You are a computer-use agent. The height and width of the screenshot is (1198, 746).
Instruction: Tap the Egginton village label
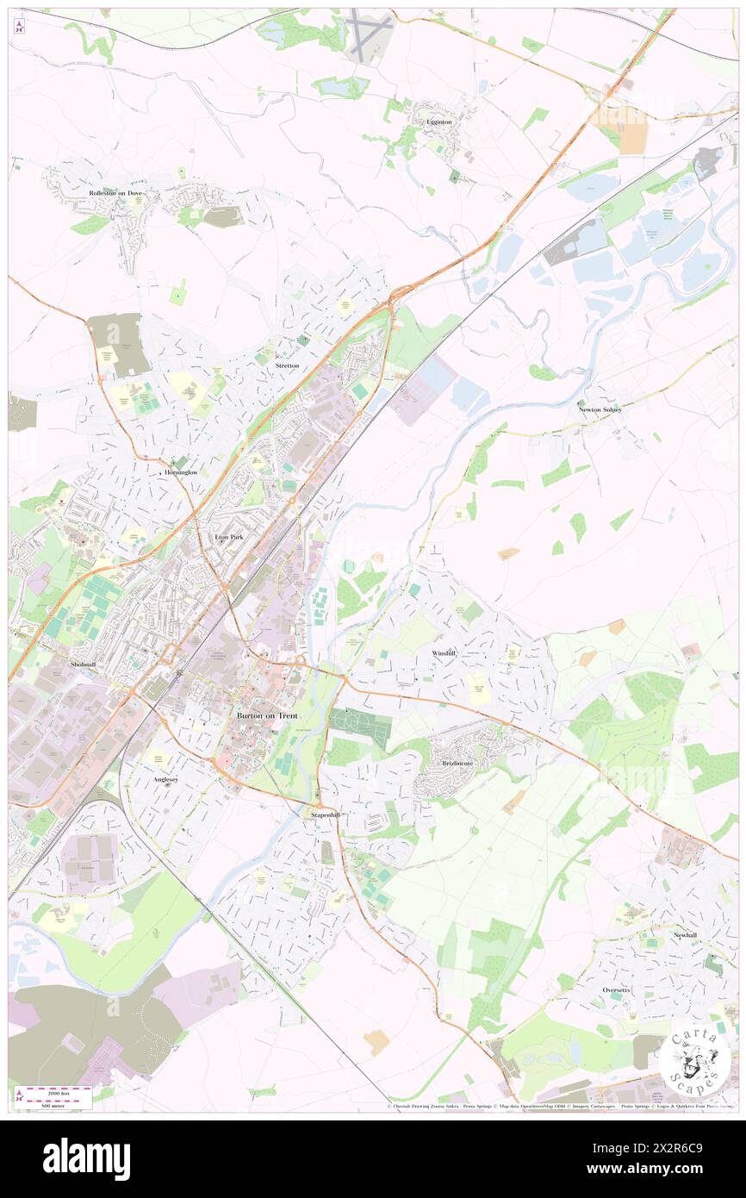point(438,122)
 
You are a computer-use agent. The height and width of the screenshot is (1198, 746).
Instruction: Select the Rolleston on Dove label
point(115,194)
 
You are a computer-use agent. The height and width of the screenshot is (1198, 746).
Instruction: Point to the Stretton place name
point(287,365)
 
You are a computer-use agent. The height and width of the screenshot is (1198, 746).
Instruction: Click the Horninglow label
point(172,473)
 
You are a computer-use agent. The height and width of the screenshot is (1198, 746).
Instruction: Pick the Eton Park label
point(229,537)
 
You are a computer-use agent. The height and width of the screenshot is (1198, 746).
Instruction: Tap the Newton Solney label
point(600,409)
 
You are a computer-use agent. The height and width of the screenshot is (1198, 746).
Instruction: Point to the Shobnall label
point(84,665)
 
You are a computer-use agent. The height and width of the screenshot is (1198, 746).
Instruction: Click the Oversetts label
point(616,990)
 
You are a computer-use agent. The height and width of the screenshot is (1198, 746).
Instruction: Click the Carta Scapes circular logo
point(694,1058)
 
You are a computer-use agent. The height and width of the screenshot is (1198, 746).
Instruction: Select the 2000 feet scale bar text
point(59,1089)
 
